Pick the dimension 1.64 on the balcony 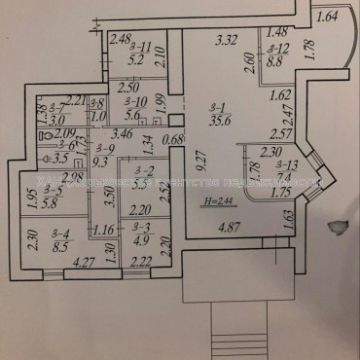(328, 15)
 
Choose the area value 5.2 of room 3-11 (138, 58)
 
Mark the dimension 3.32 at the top (227, 41)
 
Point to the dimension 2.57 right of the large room (282, 133)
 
